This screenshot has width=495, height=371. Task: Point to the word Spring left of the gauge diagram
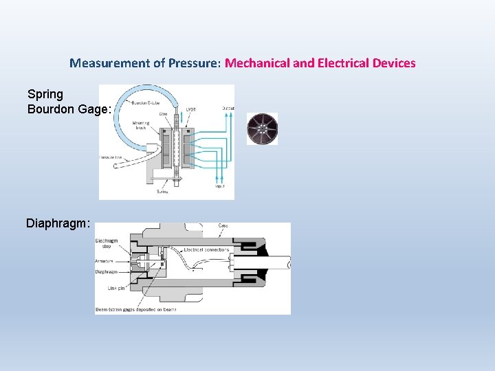tap(45, 94)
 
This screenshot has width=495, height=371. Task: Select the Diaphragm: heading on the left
tap(58, 223)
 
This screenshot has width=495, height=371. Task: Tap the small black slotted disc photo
tap(262, 128)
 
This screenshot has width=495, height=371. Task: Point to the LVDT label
tap(190, 109)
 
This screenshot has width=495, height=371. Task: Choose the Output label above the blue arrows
tap(228, 108)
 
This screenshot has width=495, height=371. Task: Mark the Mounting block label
tap(142, 126)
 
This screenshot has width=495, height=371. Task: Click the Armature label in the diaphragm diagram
tap(106, 261)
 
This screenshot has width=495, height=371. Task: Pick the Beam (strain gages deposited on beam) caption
tap(135, 309)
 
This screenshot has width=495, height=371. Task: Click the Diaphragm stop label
tap(106, 243)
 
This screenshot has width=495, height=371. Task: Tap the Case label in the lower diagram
tap(223, 226)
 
